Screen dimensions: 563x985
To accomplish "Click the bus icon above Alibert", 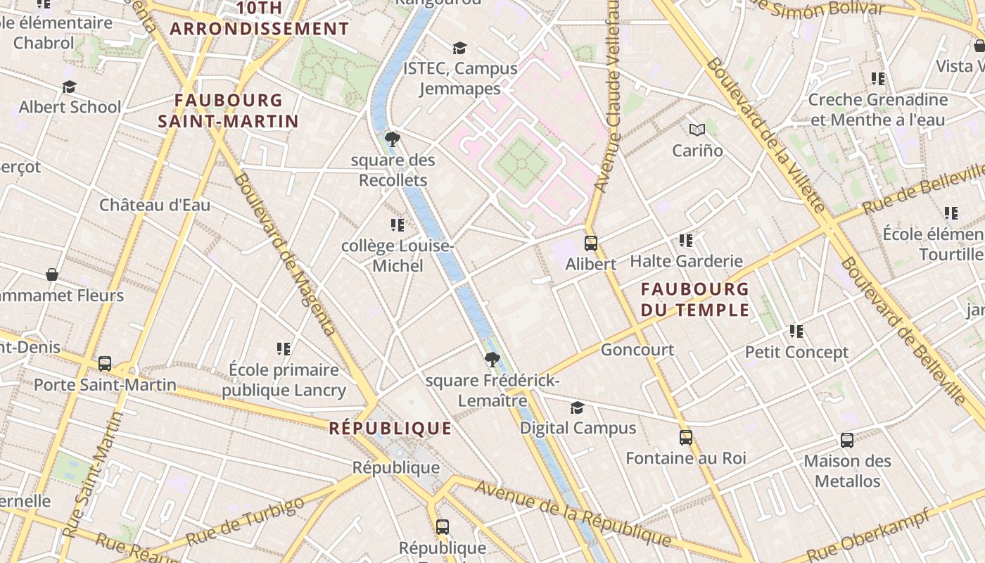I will tap(591, 243).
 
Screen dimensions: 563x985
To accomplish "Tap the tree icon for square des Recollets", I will tap(393, 139).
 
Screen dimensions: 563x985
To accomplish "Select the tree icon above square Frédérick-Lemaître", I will tap(493, 360).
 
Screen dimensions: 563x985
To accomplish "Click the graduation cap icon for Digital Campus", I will tap(577, 407).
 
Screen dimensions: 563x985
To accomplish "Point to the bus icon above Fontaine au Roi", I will tap(686, 438).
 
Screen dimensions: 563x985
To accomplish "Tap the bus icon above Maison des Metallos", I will tap(847, 441).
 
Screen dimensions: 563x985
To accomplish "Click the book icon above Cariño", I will tap(697, 130).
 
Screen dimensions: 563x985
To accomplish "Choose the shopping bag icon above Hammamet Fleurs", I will tap(51, 274).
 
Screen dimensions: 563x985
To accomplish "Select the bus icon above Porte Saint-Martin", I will tap(105, 364).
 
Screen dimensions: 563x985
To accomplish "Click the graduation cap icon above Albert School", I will tap(69, 87).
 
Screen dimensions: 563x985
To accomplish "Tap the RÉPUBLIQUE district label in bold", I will tap(390, 428).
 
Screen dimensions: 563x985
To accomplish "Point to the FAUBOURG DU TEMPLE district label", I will tap(695, 299).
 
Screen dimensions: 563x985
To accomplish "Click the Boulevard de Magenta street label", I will tap(284, 253).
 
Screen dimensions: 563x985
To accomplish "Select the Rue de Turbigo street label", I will tap(246, 521).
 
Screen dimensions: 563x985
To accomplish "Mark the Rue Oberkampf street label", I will tap(872, 534).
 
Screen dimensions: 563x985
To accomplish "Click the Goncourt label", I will tap(637, 350).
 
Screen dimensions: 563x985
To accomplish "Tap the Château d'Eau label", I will tap(155, 205).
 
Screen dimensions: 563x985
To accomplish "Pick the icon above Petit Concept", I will tap(796, 331).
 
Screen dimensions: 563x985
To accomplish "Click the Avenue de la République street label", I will tap(573, 513).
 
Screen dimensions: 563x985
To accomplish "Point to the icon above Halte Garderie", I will tap(686, 241).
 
